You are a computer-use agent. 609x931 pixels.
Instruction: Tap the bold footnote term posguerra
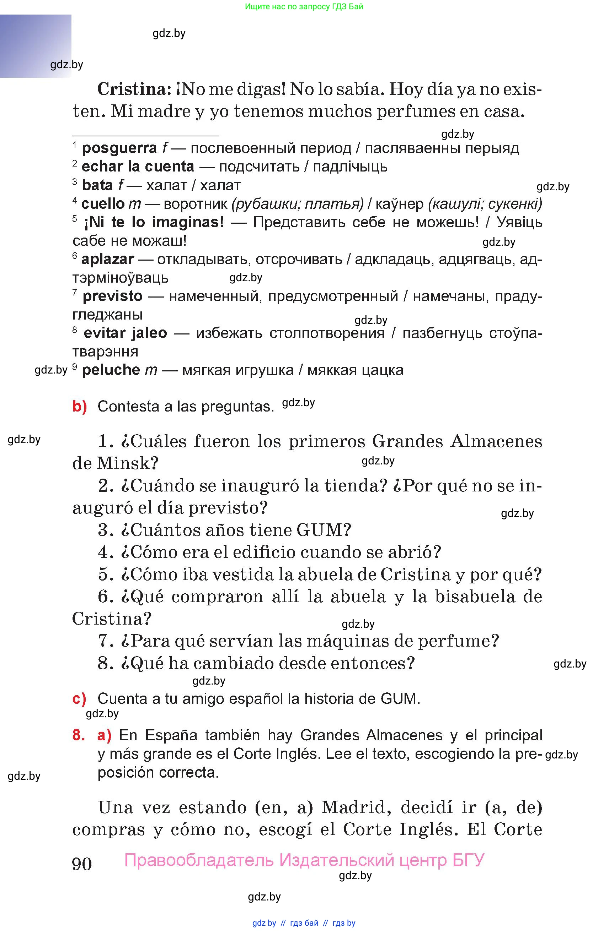click(119, 148)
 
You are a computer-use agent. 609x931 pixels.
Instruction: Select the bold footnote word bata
click(97, 185)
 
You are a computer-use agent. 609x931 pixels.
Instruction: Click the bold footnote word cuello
click(103, 203)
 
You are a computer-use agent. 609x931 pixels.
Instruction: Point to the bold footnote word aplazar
click(107, 259)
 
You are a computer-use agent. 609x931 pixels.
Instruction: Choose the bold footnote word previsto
click(112, 296)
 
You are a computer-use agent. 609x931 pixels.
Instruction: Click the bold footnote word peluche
click(111, 370)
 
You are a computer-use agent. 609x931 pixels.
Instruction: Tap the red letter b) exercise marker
click(80, 407)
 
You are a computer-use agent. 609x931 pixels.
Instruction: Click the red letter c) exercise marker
click(79, 699)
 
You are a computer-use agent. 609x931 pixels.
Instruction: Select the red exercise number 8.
click(79, 735)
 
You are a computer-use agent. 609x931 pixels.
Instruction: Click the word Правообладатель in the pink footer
click(199, 860)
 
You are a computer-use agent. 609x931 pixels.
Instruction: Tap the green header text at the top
click(304, 6)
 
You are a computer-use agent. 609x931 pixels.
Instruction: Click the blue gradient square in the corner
click(35, 45)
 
